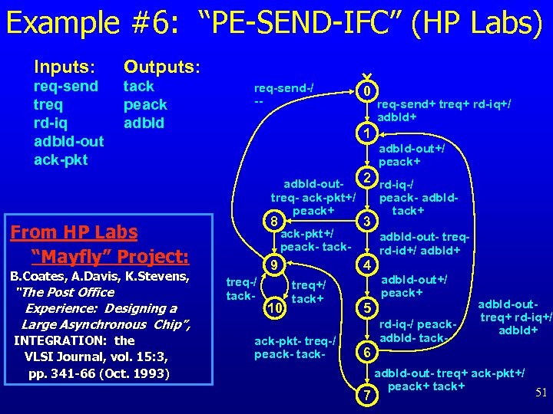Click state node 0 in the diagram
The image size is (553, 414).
pos(368,91)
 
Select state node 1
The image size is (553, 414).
pos(368,134)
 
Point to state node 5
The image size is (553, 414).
pos(368,308)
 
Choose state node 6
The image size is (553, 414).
pos(368,353)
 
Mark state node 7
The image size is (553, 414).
pos(368,396)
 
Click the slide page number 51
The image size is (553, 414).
pos(541,393)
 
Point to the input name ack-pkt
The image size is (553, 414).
pos(61,159)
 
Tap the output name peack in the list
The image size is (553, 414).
pos(145,104)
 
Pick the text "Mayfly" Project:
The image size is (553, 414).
pos(110,255)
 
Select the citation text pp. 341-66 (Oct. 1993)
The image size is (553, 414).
pos(98,373)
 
